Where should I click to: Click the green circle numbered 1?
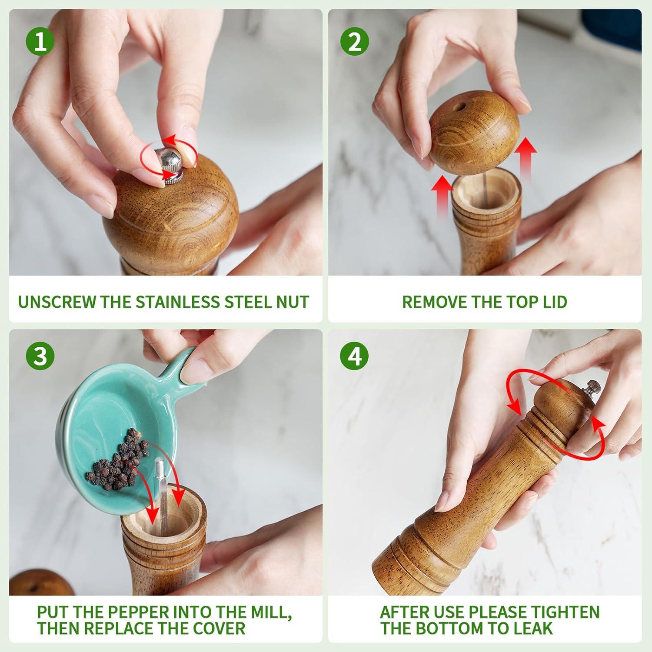40,43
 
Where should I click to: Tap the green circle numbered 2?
355,43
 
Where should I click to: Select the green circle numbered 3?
40,356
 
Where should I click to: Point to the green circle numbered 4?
355,356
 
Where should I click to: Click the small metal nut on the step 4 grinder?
593,387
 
